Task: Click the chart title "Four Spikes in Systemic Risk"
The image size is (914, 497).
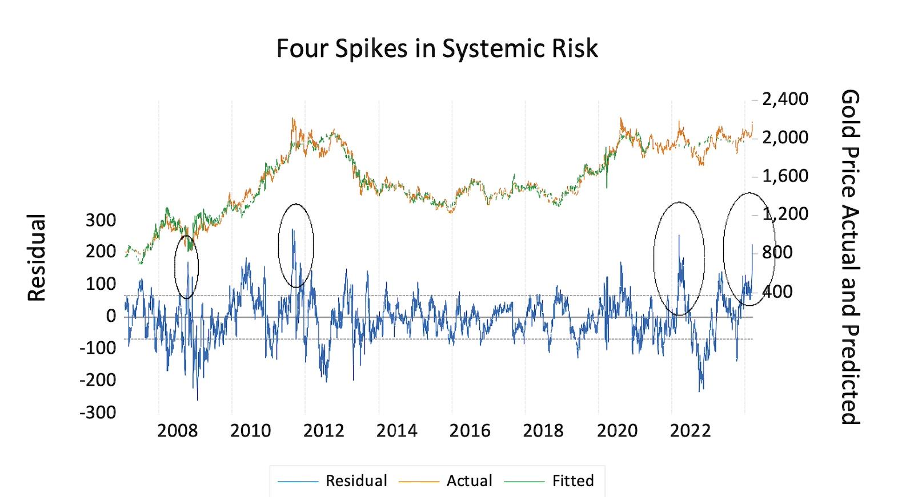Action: pos(437,49)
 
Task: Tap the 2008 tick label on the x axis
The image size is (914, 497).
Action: pos(177,430)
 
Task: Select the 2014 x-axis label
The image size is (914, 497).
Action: pos(396,430)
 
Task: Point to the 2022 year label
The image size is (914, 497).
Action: pos(689,430)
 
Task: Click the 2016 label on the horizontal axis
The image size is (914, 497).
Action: pos(470,430)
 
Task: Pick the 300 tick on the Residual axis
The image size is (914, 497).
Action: pos(101,220)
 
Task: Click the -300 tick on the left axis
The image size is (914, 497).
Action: pos(98,411)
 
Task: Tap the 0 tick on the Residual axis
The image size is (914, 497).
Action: pos(110,316)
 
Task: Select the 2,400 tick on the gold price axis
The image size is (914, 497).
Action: pos(786,99)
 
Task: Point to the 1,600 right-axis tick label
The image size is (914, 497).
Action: pos(786,176)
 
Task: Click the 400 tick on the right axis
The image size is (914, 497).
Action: pos(778,292)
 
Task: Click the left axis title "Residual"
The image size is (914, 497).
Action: pos(37,258)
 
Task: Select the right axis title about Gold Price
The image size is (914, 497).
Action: pos(849,257)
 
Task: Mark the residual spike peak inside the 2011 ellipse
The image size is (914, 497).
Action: pos(292,229)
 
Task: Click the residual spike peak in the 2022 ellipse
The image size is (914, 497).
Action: pos(679,235)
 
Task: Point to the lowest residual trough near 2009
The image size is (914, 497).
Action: pos(197,400)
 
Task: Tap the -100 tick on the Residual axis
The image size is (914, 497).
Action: pos(98,348)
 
